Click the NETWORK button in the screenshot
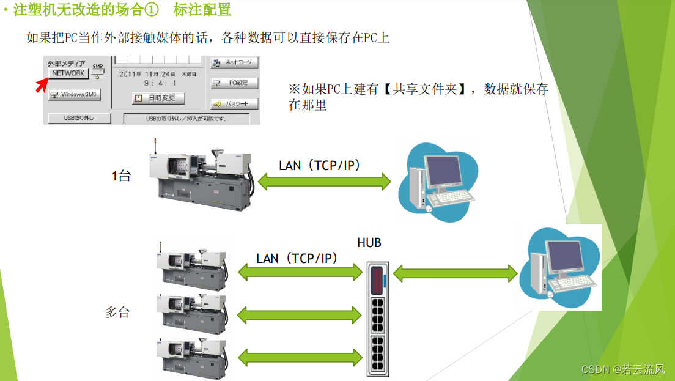68,73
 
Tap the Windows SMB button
75,95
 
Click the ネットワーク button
235,62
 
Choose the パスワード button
235,104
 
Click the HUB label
369,243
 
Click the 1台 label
121,176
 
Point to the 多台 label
117,312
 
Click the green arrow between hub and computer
456,273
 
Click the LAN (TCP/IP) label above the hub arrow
297,258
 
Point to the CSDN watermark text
623,369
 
